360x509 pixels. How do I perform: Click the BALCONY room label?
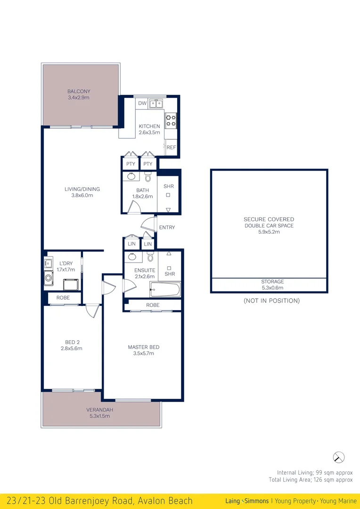click(79, 91)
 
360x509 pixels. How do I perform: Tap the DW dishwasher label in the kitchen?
click(142, 103)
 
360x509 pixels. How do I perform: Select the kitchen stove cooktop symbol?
click(171, 121)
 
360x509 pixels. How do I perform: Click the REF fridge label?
click(172, 148)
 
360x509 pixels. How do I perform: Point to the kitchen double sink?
click(157, 103)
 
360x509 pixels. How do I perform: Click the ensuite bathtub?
click(165, 289)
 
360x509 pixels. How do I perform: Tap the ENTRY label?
click(167, 228)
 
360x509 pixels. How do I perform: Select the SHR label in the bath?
click(169, 187)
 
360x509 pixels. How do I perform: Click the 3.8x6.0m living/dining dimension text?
click(82, 195)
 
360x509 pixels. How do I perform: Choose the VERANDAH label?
click(99, 410)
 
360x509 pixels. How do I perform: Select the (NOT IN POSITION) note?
click(271, 301)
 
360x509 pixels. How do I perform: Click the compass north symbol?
click(338, 457)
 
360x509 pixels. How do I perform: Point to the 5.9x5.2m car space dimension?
click(269, 232)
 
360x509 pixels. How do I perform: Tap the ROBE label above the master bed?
click(153, 305)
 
